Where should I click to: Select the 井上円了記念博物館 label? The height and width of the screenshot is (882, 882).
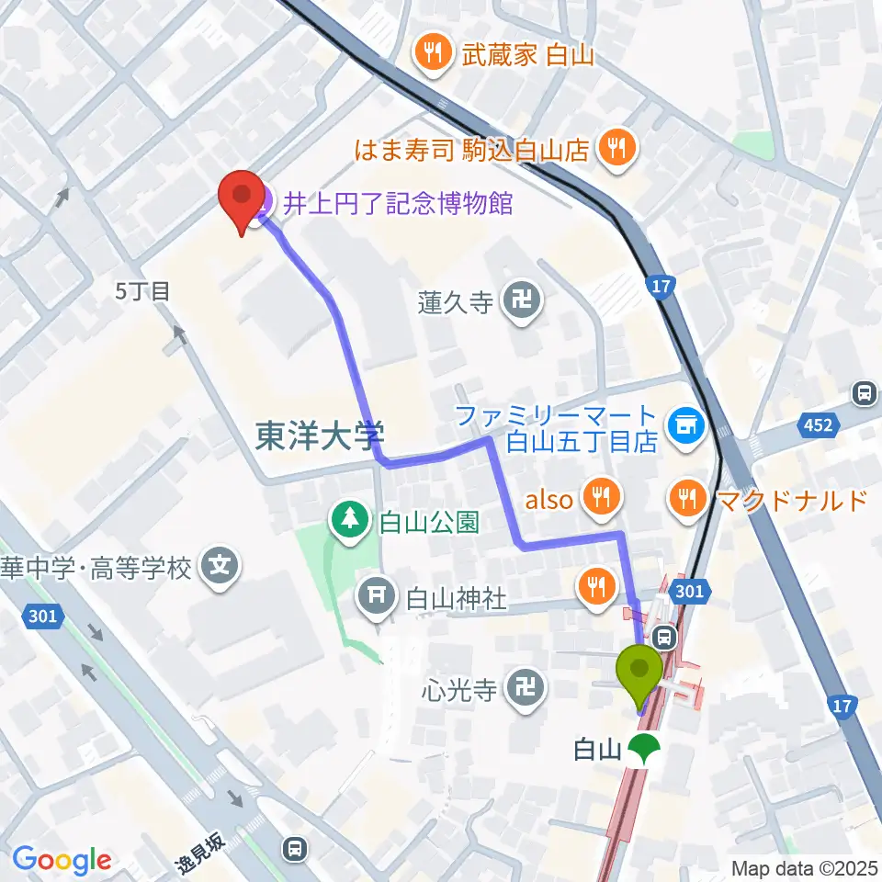click(396, 202)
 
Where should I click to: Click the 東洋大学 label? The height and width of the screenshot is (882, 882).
click(319, 435)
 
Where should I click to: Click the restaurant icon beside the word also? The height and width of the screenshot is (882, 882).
click(601, 499)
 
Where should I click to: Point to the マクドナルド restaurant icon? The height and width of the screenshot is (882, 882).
click(688, 499)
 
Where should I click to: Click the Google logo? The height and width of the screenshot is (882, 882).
click(62, 860)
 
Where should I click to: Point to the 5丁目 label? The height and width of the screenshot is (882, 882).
click(142, 292)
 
